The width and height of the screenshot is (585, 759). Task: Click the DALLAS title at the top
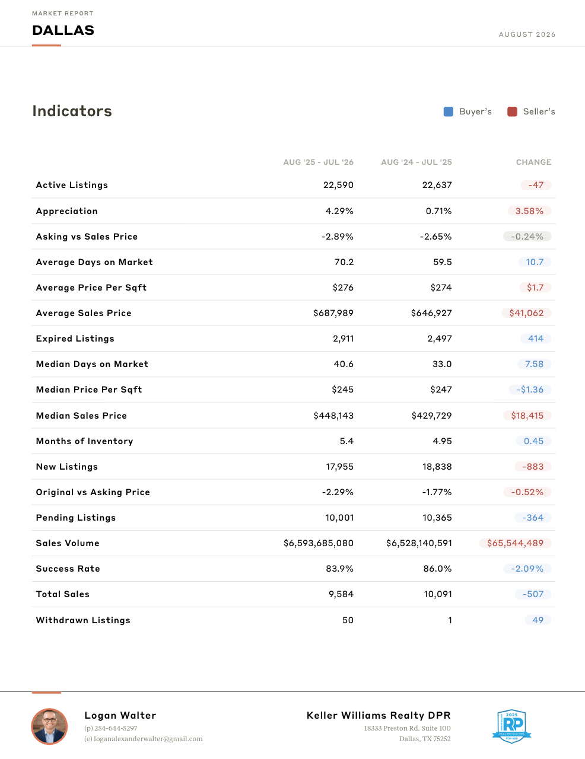click(x=63, y=30)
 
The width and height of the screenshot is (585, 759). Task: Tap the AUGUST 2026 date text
click(x=527, y=34)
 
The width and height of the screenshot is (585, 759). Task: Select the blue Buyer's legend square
click(x=449, y=111)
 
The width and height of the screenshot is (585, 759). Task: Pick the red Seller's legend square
click(x=512, y=111)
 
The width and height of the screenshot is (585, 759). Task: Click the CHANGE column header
click(x=533, y=162)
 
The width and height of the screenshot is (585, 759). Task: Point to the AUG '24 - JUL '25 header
click(x=417, y=162)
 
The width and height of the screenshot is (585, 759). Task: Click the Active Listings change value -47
click(x=536, y=185)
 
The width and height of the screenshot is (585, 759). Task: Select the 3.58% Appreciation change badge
click(x=529, y=211)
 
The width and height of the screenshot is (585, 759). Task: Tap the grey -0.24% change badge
click(x=527, y=237)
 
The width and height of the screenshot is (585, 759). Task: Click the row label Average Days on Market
click(x=94, y=262)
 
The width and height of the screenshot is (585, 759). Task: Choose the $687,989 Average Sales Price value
click(x=333, y=313)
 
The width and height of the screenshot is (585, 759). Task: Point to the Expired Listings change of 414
click(x=536, y=339)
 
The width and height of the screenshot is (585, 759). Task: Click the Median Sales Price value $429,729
click(x=431, y=415)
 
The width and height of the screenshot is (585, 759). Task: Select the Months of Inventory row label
click(x=85, y=441)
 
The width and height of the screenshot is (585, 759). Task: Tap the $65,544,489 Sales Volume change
click(x=515, y=543)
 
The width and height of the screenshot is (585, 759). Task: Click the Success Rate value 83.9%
click(x=340, y=569)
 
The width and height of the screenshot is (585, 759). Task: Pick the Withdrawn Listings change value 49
click(x=538, y=620)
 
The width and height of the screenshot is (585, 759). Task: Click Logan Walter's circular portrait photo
click(x=49, y=726)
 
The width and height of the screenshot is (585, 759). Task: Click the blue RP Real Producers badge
click(x=511, y=726)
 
